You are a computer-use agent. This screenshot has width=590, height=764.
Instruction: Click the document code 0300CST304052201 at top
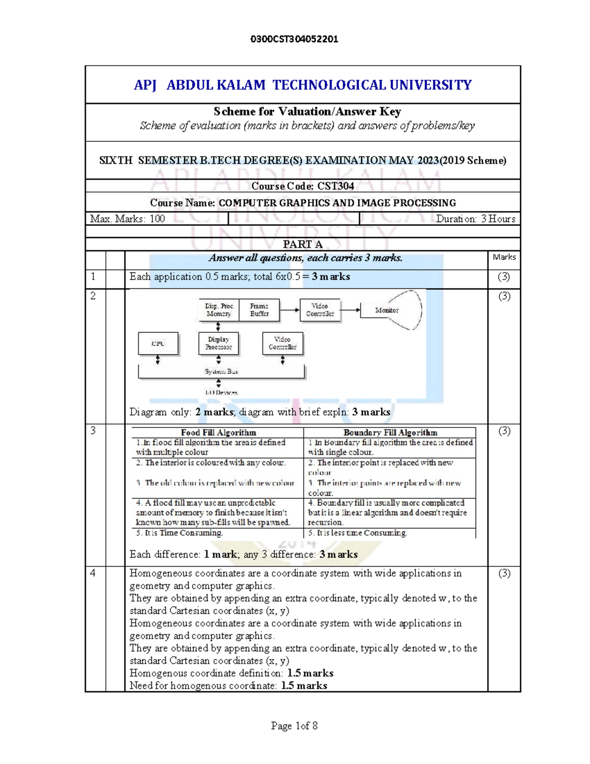(x=294, y=39)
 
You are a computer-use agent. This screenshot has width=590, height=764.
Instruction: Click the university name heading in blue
(x=302, y=85)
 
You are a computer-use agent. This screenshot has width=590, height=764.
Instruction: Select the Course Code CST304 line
(x=302, y=186)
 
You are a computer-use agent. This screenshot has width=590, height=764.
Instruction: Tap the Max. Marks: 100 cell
(x=127, y=219)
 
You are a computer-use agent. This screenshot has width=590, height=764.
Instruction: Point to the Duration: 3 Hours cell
(x=475, y=219)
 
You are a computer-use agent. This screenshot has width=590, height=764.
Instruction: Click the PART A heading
(x=302, y=244)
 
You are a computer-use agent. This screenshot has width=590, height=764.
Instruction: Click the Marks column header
(x=504, y=257)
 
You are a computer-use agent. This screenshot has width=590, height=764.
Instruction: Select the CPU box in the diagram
(x=158, y=344)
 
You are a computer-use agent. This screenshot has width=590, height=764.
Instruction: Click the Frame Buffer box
(x=259, y=310)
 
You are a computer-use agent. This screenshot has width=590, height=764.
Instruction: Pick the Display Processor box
(x=218, y=343)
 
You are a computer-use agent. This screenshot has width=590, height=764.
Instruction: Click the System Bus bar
(x=221, y=371)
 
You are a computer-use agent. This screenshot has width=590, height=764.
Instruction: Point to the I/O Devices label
(x=221, y=393)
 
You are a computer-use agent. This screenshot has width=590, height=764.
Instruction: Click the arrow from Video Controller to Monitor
(x=351, y=310)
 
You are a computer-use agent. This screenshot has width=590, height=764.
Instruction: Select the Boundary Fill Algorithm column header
(x=390, y=433)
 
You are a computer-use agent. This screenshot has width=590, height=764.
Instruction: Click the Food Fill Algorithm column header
(x=218, y=433)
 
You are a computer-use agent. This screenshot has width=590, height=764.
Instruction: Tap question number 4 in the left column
(x=93, y=573)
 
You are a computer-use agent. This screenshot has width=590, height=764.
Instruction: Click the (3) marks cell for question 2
(x=504, y=296)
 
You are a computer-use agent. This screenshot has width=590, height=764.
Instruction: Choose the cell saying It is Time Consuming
(x=180, y=533)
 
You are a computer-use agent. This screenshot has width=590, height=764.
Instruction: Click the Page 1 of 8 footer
(x=294, y=726)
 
